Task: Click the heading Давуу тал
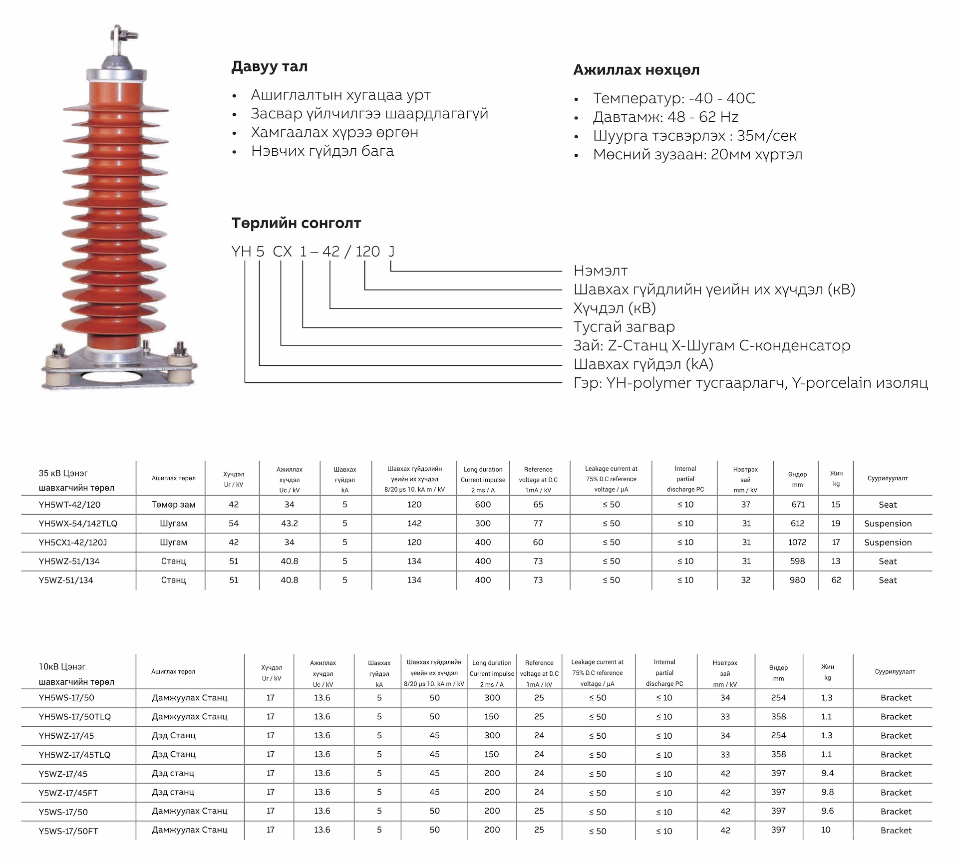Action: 269,66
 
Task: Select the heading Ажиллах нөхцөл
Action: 636,70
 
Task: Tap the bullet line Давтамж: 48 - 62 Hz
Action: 665,117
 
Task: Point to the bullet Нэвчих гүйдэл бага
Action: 322,151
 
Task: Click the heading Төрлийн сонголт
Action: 296,223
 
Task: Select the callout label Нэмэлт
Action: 601,271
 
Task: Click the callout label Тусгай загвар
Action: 624,327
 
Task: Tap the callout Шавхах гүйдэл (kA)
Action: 643,364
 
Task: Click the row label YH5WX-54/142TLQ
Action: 78,524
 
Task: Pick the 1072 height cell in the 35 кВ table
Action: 797,543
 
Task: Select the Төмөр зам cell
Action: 173,505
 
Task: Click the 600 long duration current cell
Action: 483,505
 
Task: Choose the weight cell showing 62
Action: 836,580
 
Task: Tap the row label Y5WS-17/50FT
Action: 68,831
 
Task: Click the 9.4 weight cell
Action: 827,773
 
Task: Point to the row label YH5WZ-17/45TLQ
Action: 74,755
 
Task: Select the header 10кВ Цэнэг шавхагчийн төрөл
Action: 76,674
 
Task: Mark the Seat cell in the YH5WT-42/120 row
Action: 888,505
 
